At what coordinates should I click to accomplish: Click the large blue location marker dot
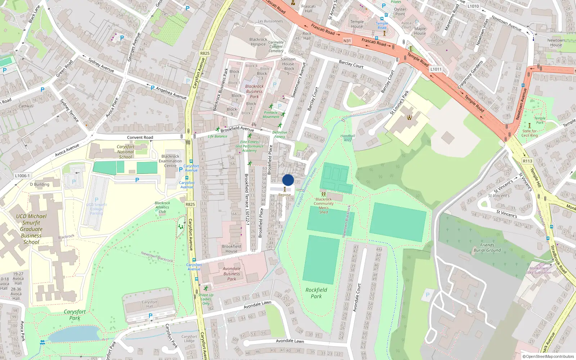click(288, 180)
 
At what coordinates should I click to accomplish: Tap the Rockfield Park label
click(316, 293)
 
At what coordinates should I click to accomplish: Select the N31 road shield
click(347, 41)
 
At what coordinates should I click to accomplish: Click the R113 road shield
click(527, 161)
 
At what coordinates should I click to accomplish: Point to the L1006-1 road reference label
click(22, 176)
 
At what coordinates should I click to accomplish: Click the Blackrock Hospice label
click(258, 42)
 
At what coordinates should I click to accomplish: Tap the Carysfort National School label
click(125, 152)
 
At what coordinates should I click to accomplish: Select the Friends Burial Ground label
click(487, 247)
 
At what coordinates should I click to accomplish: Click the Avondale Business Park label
click(231, 274)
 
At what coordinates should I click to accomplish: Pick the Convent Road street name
click(140, 138)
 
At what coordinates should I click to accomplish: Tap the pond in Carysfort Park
click(74, 334)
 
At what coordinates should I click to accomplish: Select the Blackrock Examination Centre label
click(170, 161)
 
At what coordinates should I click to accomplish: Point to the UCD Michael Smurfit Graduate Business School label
click(31, 229)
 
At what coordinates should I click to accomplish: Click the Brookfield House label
click(231, 249)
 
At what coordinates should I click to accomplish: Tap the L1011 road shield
click(436, 69)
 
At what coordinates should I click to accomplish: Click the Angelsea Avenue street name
click(171, 93)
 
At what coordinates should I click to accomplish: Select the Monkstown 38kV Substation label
click(538, 270)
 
